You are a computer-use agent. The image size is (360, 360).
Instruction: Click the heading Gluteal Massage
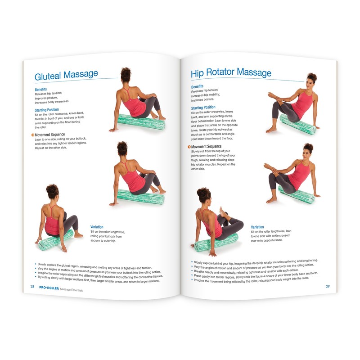tap(66, 75)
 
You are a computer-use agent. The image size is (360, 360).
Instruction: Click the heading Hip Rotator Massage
tap(231, 72)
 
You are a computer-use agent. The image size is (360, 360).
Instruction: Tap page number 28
tap(32, 287)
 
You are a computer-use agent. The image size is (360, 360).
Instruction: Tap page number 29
tap(328, 286)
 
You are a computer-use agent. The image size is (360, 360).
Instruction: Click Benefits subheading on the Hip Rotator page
tap(197, 86)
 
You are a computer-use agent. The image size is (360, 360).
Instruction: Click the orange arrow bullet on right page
tap(189, 147)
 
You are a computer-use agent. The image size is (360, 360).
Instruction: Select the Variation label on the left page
tap(97, 227)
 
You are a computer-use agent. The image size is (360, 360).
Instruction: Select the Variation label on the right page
tap(257, 227)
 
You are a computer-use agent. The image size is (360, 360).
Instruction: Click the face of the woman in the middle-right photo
tap(307, 156)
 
